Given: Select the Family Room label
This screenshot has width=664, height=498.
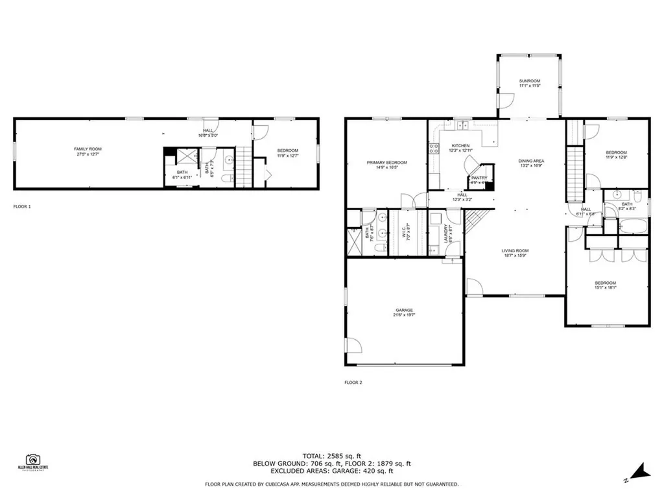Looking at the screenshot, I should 88,151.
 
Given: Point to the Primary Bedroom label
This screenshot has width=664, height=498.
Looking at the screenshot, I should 386,165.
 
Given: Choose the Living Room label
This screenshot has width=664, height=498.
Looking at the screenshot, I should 516,253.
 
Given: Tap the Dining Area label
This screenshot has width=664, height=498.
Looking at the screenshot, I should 530,163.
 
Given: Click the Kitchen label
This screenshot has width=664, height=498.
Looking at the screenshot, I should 460,148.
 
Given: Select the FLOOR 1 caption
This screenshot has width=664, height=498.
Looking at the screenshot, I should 22,206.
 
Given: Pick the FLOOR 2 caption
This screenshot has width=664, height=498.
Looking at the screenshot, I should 353,383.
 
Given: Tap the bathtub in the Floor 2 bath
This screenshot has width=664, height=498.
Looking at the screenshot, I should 632,228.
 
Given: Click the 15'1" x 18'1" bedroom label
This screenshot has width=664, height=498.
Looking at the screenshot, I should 606,285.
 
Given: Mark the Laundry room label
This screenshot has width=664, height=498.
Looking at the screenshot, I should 447,232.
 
